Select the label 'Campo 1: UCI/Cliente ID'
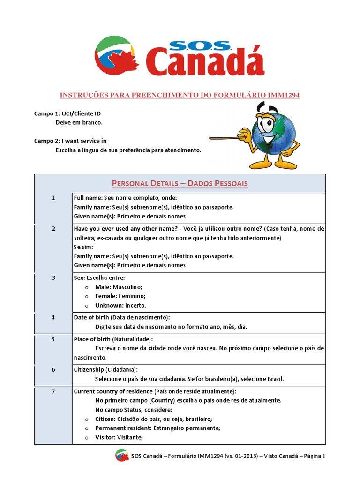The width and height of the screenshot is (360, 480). point(67,113)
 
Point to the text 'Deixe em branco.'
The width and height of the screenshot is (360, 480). point(79,122)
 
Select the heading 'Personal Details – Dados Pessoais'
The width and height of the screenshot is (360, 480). point(180,183)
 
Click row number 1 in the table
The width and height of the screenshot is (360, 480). point(53,198)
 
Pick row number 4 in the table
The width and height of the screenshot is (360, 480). point(53,317)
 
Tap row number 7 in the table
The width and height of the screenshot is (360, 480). point(53,391)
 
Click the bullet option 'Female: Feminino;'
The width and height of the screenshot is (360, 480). point(120,296)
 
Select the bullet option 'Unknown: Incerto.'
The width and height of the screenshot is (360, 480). point(120,305)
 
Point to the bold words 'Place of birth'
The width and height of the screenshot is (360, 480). point(92,339)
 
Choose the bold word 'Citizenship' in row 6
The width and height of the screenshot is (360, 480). point(89,369)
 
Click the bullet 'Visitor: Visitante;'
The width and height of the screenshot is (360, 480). point(119,437)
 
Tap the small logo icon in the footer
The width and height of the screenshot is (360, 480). point(121,455)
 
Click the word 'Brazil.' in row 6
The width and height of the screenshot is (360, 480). point(275,379)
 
